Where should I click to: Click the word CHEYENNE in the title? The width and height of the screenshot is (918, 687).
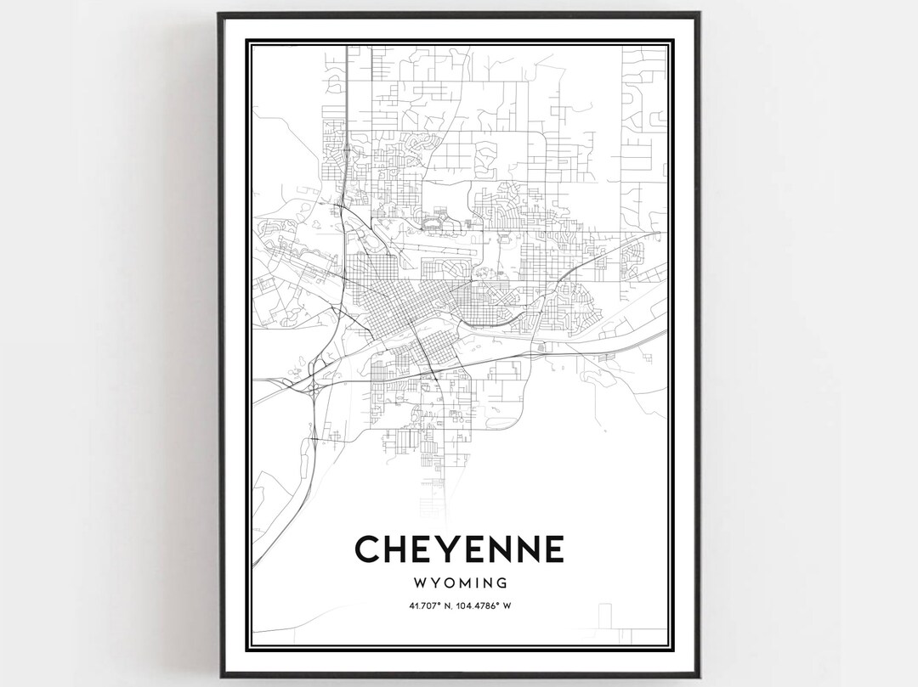point(459,549)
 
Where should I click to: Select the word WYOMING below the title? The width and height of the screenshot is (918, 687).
point(459,583)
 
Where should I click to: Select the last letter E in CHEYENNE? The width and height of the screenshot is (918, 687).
point(552,549)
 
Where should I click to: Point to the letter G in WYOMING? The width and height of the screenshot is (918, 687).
point(502,583)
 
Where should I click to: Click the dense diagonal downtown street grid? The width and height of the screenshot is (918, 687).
point(399,310)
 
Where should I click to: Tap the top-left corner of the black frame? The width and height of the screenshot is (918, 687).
point(218,14)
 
